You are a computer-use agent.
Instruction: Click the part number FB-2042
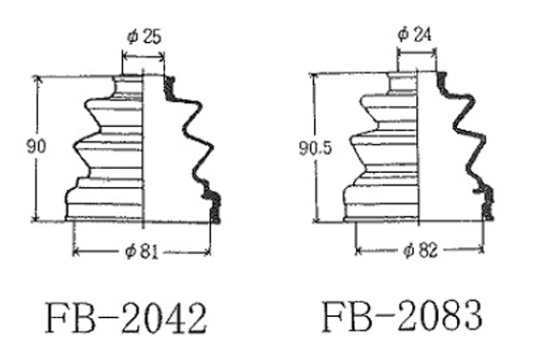[x=126, y=318]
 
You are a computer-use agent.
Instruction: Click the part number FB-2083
[x=403, y=316]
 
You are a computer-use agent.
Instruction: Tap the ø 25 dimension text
[x=144, y=37]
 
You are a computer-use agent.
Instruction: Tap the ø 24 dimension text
[x=414, y=34]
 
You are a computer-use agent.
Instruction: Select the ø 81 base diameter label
[x=141, y=251]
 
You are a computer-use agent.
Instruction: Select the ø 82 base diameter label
[x=420, y=250]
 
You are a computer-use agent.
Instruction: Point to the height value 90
[x=36, y=147]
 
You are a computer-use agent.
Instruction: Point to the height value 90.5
[x=315, y=148]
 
